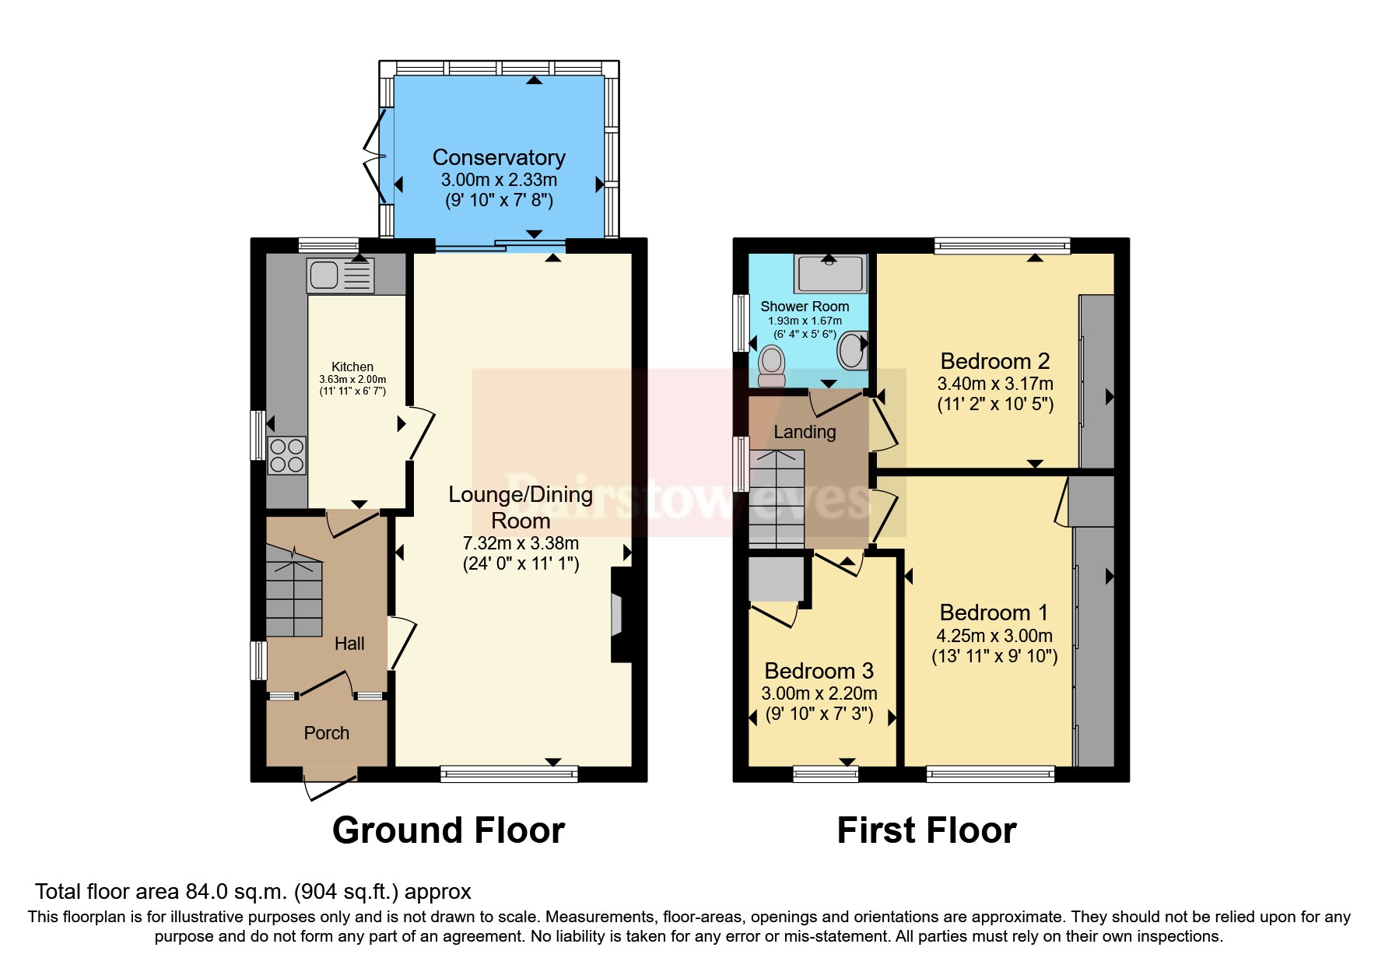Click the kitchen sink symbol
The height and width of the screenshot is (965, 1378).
[340, 275]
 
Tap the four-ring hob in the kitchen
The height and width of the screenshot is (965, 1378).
[286, 455]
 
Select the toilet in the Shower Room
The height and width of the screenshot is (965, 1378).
[771, 367]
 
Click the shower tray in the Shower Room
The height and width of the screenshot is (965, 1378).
[830, 273]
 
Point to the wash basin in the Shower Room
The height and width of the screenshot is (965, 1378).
[851, 350]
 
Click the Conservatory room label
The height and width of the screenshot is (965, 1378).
[499, 157]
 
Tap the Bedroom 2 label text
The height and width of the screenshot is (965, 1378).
[994, 361]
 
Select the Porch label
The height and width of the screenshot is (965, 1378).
[326, 733]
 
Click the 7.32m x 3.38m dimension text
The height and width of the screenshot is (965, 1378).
[521, 543]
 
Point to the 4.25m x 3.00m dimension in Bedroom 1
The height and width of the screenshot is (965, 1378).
[994, 635]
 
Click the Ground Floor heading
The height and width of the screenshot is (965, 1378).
[448, 830]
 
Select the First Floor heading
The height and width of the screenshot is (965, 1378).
[926, 830]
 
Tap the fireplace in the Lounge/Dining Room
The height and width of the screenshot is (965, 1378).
[620, 615]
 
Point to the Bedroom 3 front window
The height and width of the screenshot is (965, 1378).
[825, 773]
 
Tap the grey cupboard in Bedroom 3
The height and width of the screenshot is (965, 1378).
[776, 577]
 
